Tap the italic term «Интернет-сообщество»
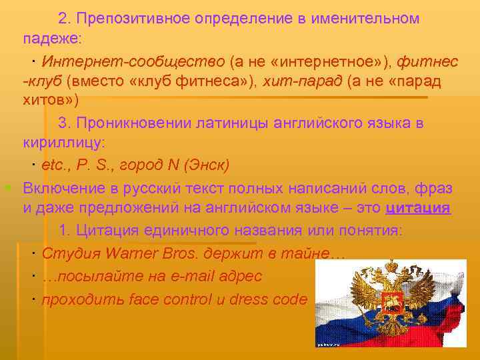click(x=133, y=62)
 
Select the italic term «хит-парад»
click(x=303, y=81)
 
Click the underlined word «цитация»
click(x=418, y=207)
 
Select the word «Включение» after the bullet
click(x=63, y=186)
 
